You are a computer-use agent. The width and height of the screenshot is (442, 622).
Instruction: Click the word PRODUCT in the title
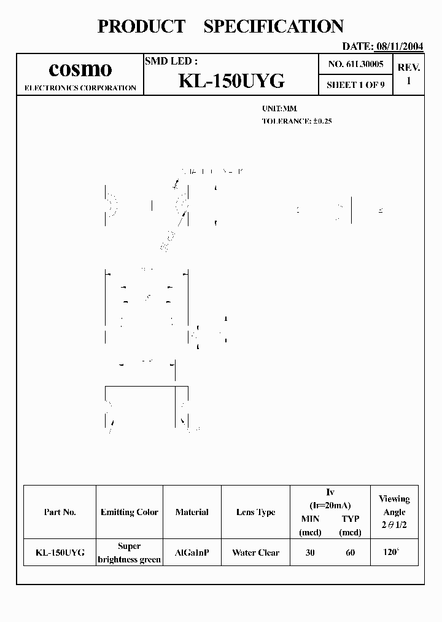(141, 26)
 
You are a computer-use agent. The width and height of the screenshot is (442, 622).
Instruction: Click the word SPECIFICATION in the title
(273, 26)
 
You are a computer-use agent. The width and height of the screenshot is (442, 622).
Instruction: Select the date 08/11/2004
(399, 46)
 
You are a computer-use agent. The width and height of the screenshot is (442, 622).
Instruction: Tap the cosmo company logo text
(80, 69)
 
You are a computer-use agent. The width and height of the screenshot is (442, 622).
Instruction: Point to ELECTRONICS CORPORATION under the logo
(80, 88)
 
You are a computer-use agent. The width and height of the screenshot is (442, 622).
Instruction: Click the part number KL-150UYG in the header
(231, 81)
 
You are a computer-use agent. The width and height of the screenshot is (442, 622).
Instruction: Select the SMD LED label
(171, 61)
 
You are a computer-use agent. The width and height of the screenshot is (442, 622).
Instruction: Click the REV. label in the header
(409, 68)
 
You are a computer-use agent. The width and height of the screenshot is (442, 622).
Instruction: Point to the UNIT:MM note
(279, 108)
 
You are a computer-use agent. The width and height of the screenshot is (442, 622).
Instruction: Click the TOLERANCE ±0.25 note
(297, 121)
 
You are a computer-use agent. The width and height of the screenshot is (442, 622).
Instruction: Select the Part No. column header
(60, 512)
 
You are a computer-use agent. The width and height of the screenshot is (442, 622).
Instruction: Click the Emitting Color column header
(130, 512)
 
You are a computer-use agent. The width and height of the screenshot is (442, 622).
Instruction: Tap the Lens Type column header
(255, 512)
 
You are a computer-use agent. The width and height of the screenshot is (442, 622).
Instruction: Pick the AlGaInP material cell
(192, 553)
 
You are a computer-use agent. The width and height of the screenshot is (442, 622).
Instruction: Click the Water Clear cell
(255, 553)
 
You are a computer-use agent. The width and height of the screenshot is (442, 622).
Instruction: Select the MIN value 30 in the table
(310, 553)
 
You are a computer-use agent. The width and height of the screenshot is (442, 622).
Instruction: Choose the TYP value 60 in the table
(350, 553)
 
